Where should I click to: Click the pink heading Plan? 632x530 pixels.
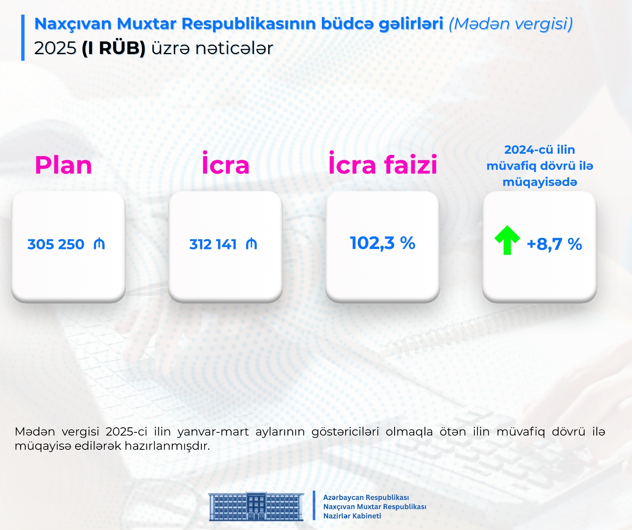pyautogui.click(x=63, y=165)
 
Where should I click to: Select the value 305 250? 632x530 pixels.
pyautogui.click(x=56, y=244)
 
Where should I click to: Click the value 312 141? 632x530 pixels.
pyautogui.click(x=213, y=244)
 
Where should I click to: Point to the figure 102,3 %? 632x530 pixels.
pyautogui.click(x=382, y=243)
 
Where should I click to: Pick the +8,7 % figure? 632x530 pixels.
pyautogui.click(x=554, y=244)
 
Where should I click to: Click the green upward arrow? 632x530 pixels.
pyautogui.click(x=507, y=240)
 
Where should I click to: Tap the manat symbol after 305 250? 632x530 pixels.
pyautogui.click(x=99, y=244)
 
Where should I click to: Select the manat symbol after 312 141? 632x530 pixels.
pyautogui.click(x=251, y=244)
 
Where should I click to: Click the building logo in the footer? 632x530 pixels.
pyautogui.click(x=256, y=506)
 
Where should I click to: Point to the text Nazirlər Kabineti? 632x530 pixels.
pyautogui.click(x=352, y=516)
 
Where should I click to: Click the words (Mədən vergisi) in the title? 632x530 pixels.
pyautogui.click(x=511, y=24)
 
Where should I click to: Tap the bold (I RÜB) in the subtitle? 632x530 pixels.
pyautogui.click(x=114, y=48)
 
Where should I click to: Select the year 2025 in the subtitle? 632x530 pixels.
pyautogui.click(x=55, y=48)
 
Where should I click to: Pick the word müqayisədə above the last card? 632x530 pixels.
pyautogui.click(x=540, y=182)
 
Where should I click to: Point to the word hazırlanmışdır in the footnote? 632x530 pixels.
pyautogui.click(x=167, y=446)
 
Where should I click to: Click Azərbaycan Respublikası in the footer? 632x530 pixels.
pyautogui.click(x=366, y=498)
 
